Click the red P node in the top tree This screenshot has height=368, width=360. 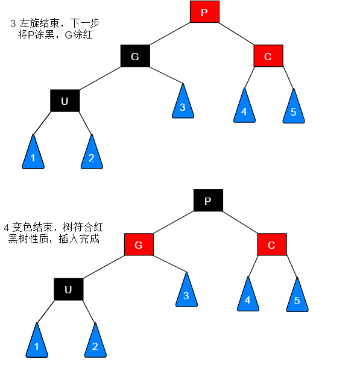point(204,12)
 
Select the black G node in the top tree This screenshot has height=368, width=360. point(135,57)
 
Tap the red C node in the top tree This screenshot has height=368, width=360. point(268,57)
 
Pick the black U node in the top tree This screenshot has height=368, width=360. point(65,101)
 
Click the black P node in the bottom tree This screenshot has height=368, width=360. point(208,201)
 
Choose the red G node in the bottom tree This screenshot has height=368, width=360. point(139,245)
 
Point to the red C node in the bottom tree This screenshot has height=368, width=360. point(271,245)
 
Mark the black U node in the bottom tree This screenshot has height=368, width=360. point(68,290)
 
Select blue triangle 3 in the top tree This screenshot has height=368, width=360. point(182,104)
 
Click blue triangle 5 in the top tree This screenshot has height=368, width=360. point(293,108)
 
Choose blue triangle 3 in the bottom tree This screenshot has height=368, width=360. point(186,292)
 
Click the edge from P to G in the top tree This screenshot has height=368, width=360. point(170,34)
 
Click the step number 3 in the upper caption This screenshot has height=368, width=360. point(13,24)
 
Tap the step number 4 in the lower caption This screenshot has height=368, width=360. point(7,228)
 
